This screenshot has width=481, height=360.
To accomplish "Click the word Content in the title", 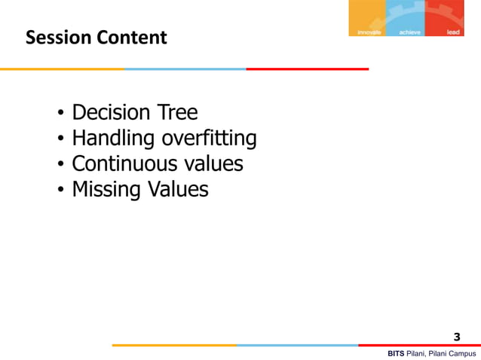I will pos(129,37).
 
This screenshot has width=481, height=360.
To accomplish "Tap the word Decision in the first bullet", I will pos(110,114).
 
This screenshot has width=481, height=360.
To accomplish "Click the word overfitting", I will pos(209,139).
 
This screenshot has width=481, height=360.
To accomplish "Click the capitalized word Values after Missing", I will pos(177,190).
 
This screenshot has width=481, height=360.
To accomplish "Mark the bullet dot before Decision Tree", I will pos(60,115).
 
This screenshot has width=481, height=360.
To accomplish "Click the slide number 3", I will pos(456,337).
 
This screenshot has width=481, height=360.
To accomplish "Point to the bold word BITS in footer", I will pos(396,353).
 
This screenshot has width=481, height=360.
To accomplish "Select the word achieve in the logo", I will pos(409,32).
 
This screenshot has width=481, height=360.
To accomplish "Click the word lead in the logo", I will pos(453,32).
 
